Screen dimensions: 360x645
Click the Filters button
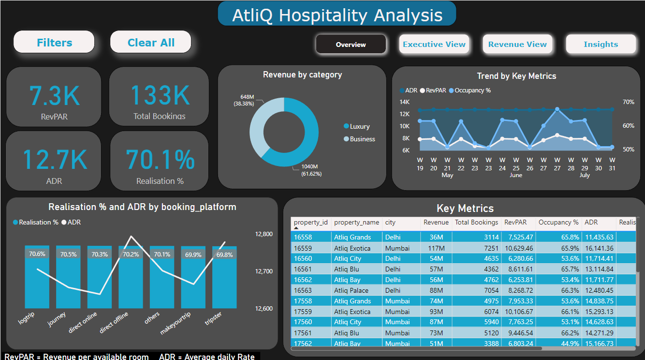54,43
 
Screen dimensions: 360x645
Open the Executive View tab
434,45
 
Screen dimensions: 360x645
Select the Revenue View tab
517,45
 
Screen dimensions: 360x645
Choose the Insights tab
601,45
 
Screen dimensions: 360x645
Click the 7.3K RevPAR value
54,95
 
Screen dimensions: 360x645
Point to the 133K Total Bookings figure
160,95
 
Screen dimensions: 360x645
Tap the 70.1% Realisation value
160,159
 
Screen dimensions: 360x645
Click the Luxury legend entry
359,126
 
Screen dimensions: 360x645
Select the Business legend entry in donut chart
362,139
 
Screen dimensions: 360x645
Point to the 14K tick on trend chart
404,102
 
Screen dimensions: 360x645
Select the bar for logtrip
37,281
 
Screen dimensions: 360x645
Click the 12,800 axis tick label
264,234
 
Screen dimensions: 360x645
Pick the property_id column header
310,223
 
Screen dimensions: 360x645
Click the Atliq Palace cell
351,290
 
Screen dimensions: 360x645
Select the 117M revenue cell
442,248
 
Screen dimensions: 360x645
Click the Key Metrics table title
465,209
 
